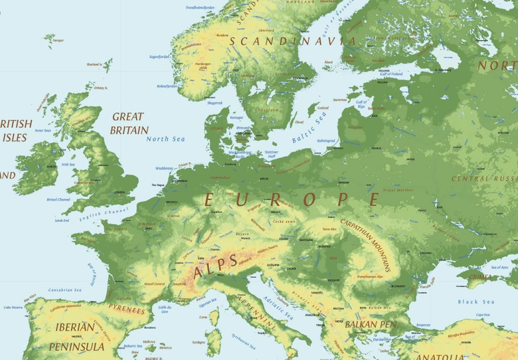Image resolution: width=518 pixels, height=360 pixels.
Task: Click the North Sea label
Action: tap(165, 139)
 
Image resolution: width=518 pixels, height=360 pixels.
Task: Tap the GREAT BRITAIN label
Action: tap(129, 124)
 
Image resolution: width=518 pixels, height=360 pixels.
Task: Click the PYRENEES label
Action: tap(126, 310)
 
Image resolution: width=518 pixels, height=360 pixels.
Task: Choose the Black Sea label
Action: tap(476, 302)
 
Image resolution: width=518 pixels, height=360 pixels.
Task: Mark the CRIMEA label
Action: tap(480, 277)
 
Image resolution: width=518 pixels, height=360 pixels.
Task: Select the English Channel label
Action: tap(102, 211)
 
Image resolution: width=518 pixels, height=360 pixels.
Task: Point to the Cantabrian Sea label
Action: tap(64, 290)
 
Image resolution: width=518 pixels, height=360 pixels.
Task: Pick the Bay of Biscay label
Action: tap(92, 272)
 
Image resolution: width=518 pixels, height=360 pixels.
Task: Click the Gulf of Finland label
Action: tap(392, 74)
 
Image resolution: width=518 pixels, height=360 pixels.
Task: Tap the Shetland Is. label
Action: tap(94, 64)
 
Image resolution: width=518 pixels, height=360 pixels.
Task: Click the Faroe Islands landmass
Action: tap(48, 40)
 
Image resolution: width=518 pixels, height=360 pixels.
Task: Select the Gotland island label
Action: tap(323, 108)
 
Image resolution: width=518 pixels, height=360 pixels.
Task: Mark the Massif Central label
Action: tap(154, 284)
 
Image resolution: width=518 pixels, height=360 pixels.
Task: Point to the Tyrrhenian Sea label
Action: tap(243, 340)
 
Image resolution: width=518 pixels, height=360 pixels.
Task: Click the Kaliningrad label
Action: tap(326, 141)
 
